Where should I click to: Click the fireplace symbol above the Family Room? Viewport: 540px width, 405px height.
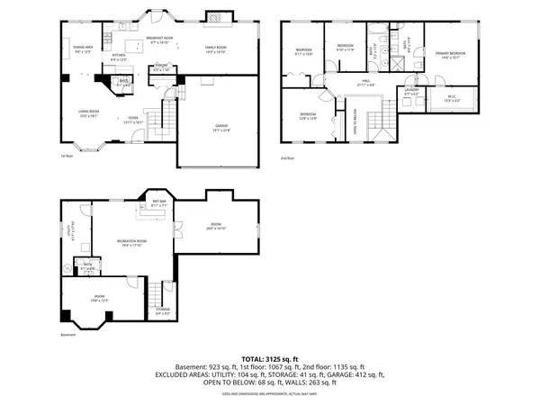[x=215, y=15]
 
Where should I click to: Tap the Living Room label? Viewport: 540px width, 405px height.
[x=88, y=112]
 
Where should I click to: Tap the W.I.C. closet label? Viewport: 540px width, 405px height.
[x=452, y=97]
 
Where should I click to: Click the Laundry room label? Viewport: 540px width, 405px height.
[x=411, y=91]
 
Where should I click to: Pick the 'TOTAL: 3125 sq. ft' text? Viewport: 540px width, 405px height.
[x=269, y=358]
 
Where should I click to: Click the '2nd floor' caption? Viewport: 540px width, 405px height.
[x=288, y=157]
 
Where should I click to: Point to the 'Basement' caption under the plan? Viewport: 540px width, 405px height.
[x=67, y=334]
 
